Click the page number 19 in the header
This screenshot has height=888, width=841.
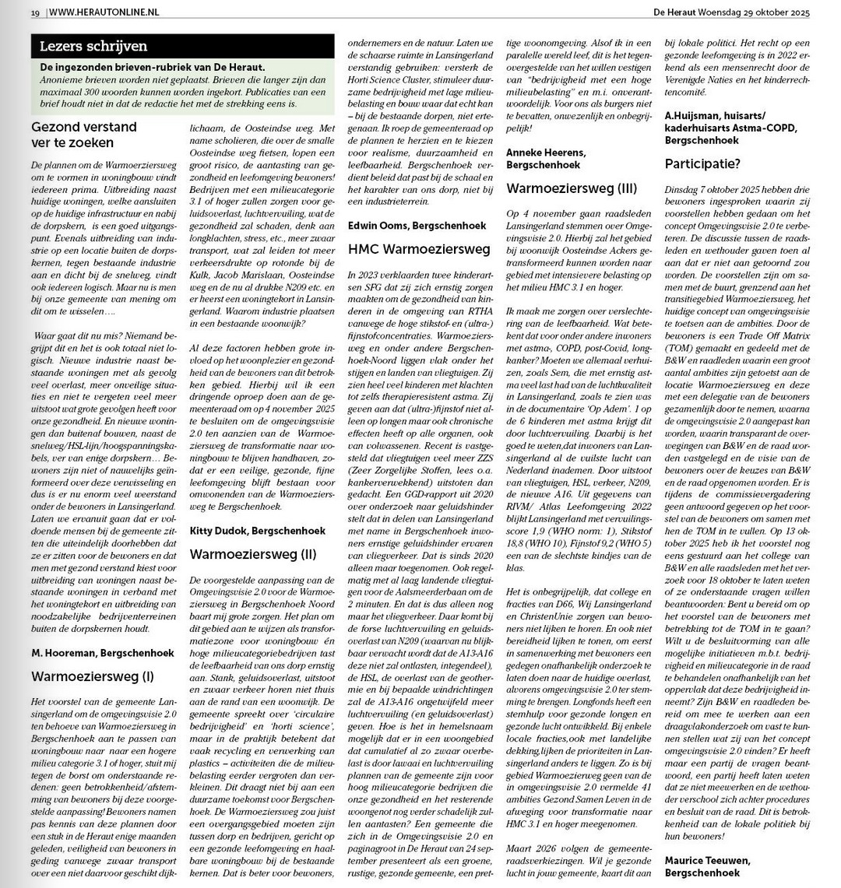click(35, 12)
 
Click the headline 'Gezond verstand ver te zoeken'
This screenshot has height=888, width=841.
click(83, 135)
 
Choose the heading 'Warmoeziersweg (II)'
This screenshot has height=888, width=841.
click(253, 554)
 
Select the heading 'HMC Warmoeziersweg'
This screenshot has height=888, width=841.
click(419, 249)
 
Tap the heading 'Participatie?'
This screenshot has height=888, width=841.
click(702, 164)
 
